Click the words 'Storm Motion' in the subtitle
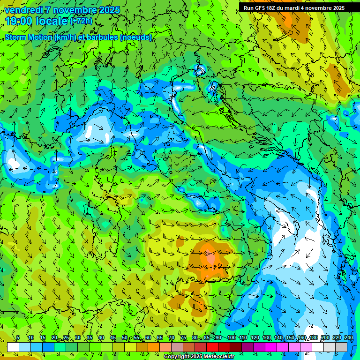pos(28,37)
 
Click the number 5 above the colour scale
pos(18,338)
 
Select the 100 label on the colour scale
pos(231,338)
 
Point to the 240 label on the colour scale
pos(348,338)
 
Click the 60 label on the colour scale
pos(148,338)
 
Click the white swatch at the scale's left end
pos(13,347)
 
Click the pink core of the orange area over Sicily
pos(209,257)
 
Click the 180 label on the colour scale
pos(313,338)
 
